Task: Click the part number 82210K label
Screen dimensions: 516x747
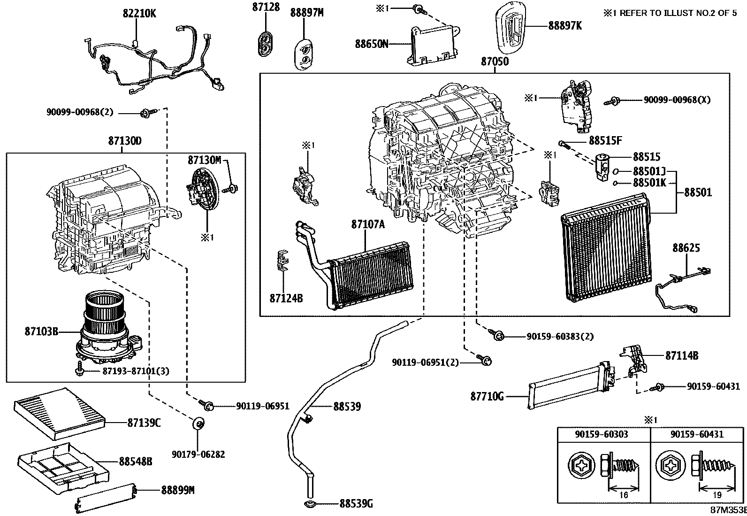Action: (139, 14)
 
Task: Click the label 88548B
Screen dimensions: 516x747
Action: (135, 462)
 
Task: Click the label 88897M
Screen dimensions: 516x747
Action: (307, 13)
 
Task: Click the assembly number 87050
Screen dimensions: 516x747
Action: (495, 62)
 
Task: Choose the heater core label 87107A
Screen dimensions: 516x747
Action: (368, 225)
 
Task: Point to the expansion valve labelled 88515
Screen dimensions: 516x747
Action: (604, 162)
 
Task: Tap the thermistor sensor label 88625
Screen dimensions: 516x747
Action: (686, 247)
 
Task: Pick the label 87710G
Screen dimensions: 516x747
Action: (487, 397)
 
